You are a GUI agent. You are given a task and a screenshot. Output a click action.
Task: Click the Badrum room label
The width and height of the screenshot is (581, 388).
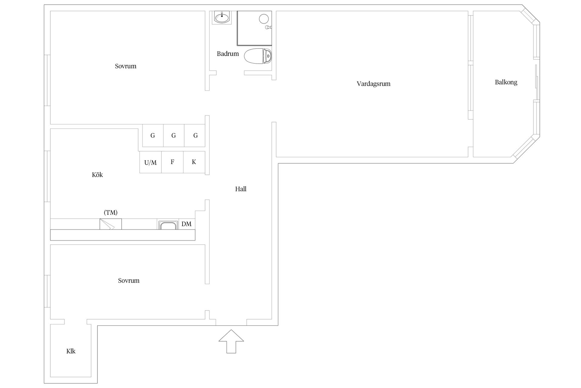(228, 54)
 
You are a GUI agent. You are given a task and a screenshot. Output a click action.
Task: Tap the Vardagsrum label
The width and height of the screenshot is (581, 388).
(373, 84)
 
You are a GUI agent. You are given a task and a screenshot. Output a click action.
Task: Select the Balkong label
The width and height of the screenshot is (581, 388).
(506, 82)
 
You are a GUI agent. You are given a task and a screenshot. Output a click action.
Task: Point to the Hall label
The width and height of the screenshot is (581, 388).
(241, 189)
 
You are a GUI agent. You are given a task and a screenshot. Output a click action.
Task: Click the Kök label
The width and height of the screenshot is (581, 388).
(97, 175)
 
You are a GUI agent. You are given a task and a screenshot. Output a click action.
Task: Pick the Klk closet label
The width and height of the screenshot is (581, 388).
(71, 351)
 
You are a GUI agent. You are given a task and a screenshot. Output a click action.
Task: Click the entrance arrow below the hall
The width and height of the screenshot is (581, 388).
(231, 341)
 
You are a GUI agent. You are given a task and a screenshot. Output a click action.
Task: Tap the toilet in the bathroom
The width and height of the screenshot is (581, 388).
(258, 56)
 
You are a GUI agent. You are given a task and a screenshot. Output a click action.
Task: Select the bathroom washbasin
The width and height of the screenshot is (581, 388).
(222, 17)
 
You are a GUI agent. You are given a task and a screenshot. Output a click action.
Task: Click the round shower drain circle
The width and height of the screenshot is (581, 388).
(264, 19)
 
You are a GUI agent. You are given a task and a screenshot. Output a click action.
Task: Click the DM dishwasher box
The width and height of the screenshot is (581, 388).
(187, 224)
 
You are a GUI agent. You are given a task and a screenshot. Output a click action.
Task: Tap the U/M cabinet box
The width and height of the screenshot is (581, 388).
(150, 162)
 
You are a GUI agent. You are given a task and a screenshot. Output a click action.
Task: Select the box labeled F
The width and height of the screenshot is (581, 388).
(172, 162)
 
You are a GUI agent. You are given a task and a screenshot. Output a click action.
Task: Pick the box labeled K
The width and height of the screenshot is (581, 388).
(194, 162)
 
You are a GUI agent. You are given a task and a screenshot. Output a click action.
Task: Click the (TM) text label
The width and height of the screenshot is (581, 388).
(110, 212)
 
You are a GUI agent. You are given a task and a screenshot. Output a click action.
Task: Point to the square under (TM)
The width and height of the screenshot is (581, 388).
(110, 224)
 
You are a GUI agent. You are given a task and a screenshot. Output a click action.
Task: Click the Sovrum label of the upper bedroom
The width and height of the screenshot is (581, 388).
(126, 66)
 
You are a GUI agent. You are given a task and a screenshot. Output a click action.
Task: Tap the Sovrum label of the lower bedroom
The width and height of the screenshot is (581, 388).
(129, 280)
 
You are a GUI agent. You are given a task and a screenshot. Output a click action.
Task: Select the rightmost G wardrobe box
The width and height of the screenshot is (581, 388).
(195, 135)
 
